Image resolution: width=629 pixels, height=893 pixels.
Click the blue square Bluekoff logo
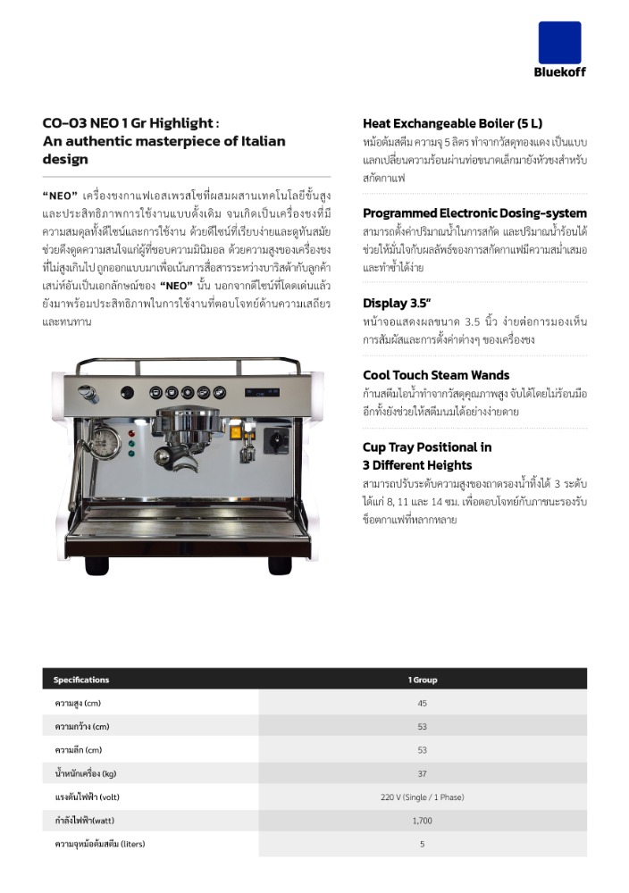559,42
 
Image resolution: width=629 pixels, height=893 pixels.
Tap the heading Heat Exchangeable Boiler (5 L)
452,123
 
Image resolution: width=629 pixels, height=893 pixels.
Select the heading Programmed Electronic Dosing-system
474,213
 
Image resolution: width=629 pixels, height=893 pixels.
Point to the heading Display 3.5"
398,303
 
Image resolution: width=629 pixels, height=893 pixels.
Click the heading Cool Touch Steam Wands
436,375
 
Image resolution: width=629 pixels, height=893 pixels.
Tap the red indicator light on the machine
131,431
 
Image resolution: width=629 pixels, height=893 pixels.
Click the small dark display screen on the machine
261,391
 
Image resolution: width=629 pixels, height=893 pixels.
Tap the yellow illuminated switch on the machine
237,431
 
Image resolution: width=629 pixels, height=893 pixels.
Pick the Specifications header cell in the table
81,680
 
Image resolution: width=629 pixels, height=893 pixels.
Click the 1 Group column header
423,680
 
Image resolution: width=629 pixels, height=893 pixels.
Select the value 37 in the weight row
422,773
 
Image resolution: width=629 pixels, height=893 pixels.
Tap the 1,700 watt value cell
422,820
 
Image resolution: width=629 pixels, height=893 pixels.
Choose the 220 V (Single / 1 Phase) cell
422,797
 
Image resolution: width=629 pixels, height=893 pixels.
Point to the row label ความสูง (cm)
78,704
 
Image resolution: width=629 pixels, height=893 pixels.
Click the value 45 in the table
422,704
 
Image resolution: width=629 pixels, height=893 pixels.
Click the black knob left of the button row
127,392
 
